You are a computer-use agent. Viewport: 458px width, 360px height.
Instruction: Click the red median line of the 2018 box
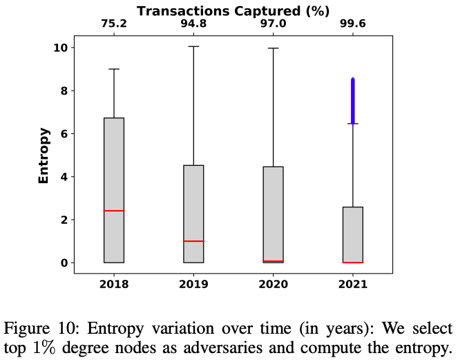coord(114,211)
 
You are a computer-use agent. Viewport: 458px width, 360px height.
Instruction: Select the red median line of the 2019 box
coord(193,241)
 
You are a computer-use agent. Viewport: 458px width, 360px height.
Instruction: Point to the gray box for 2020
coord(274,214)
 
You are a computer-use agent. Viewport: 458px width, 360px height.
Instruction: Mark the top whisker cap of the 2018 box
coord(114,69)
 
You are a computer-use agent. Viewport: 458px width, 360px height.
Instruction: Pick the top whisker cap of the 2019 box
coord(193,46)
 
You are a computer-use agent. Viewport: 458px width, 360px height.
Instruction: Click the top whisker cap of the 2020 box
coord(274,48)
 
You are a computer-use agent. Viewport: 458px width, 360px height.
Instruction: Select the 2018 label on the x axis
coord(114,284)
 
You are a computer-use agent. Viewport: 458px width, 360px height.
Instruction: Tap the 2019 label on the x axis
coord(193,284)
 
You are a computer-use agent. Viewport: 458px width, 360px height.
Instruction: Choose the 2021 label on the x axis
coord(353,284)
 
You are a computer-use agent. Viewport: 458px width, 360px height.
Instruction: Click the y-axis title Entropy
coord(44,155)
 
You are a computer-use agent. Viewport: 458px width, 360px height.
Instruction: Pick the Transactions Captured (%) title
coord(233,10)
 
